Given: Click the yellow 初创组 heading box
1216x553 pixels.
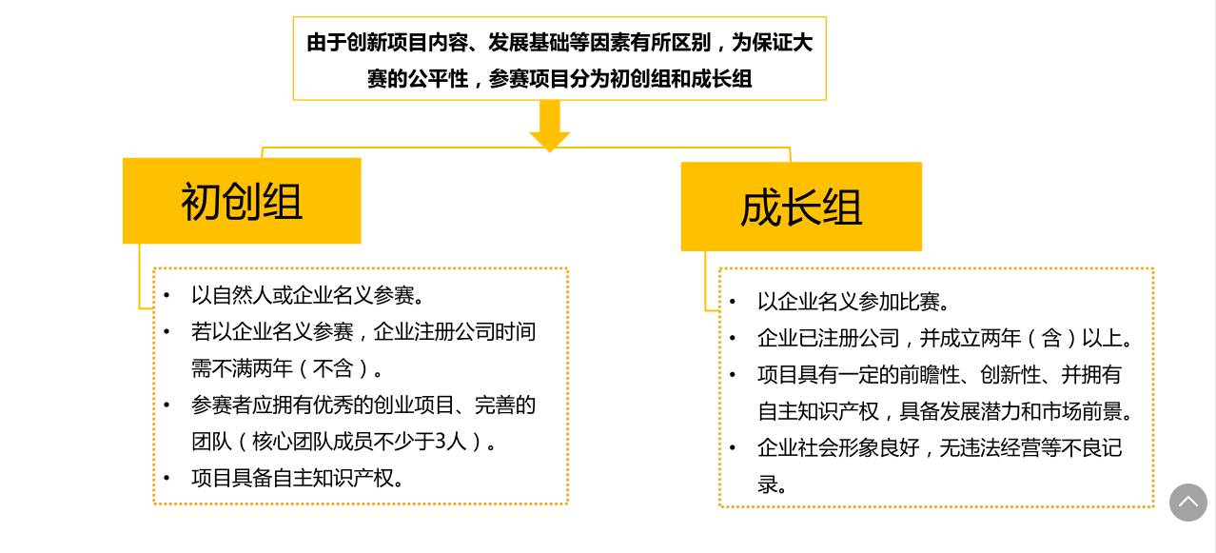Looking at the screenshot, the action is click(x=242, y=201).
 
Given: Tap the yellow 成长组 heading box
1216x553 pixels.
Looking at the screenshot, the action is click(x=801, y=207).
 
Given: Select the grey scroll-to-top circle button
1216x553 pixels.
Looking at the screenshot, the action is click(x=1187, y=502).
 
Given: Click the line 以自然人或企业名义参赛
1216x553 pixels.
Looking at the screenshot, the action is click(x=307, y=295).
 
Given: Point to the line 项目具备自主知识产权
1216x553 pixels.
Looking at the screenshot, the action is click(x=298, y=478).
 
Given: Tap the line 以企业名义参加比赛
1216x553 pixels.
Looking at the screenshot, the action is click(x=853, y=302).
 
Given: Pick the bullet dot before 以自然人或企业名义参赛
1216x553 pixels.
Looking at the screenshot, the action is click(x=167, y=295).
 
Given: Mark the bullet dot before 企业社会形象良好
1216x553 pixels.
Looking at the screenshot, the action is click(x=733, y=447).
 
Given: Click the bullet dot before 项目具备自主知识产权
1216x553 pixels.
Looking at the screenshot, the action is click(x=167, y=478).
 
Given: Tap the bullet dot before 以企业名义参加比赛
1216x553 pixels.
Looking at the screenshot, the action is click(x=733, y=302).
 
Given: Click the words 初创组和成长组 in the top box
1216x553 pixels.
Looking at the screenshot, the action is click(x=680, y=79).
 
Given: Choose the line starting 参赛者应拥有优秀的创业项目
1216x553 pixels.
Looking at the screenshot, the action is click(x=363, y=405).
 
